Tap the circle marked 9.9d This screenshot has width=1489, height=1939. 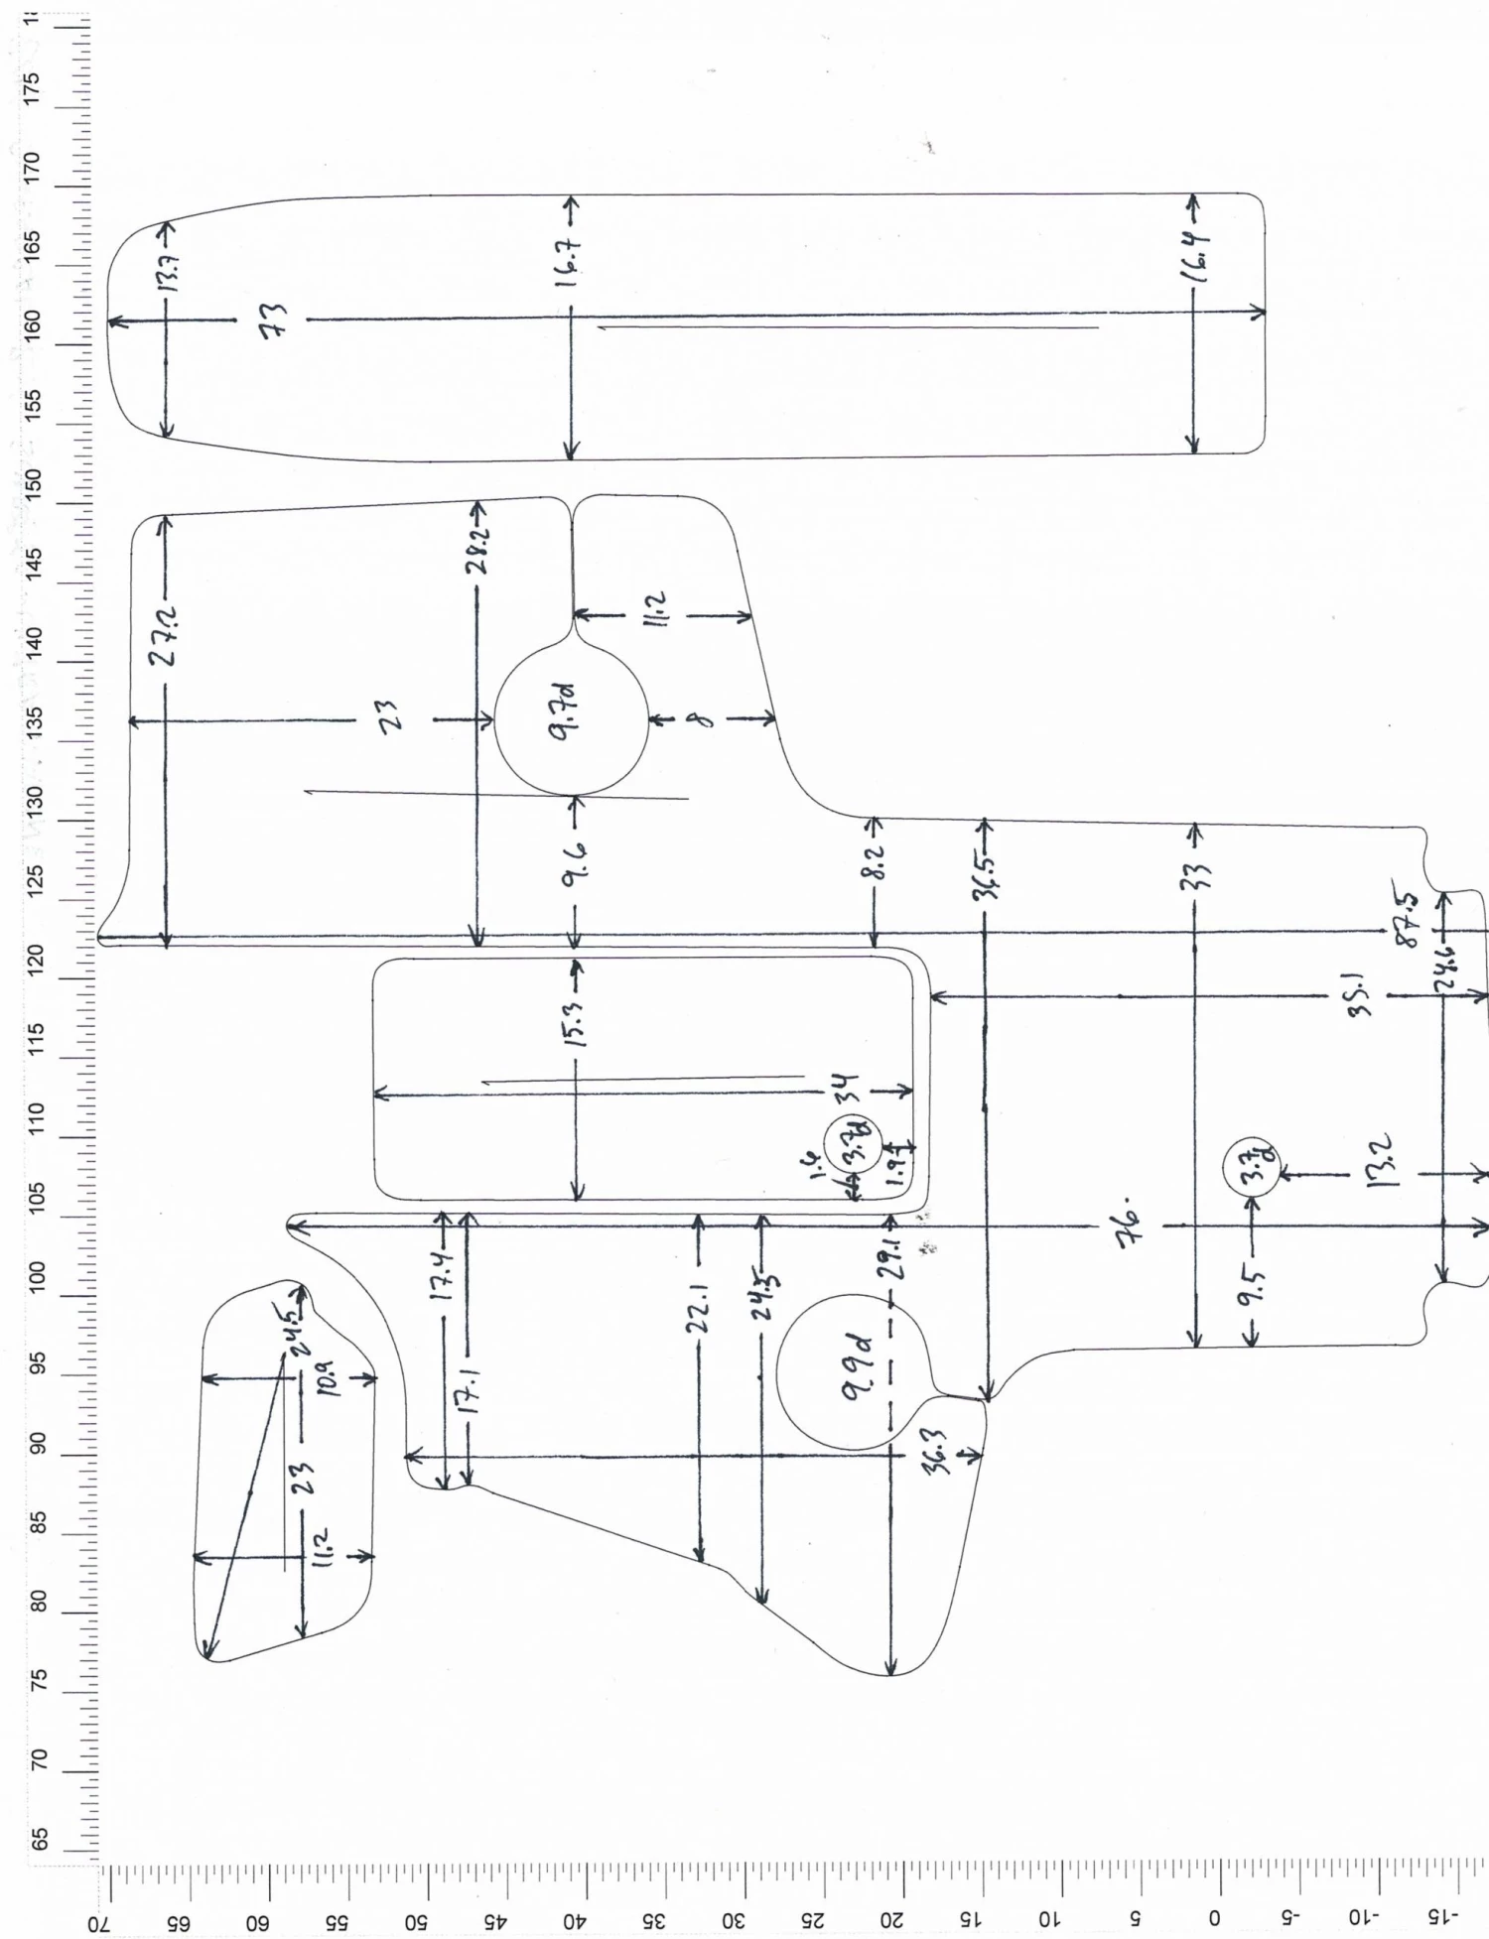pos(853,1373)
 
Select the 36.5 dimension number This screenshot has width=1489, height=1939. pos(986,874)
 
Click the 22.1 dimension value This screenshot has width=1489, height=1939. pos(699,1311)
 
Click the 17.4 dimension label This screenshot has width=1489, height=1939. pos(445,1276)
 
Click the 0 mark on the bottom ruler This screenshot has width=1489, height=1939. pos(1213,1917)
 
